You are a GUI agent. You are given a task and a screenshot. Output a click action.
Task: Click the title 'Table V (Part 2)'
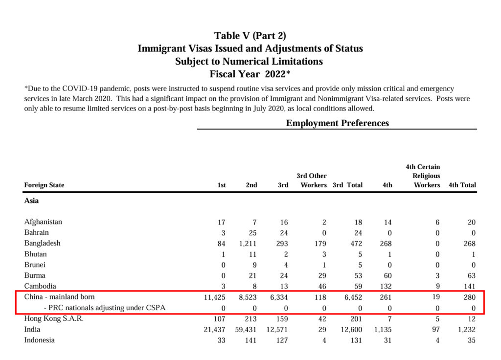(250, 36)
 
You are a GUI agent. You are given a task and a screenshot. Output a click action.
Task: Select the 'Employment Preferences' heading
(337, 123)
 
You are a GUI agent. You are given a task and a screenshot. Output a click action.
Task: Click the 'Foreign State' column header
(44, 185)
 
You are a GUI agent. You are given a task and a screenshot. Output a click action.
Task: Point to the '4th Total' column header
(462, 185)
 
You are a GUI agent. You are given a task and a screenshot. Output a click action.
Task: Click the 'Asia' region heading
(31, 201)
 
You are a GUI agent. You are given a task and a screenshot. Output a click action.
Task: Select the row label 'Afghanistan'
(43, 222)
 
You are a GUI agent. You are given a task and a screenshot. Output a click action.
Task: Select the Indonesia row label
(39, 340)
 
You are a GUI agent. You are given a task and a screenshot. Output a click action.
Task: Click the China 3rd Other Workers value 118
(320, 297)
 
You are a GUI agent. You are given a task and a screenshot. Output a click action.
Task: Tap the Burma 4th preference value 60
(388, 276)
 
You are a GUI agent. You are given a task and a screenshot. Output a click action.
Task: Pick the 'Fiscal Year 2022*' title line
(250, 74)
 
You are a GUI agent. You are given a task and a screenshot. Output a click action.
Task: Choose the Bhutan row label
(35, 254)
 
